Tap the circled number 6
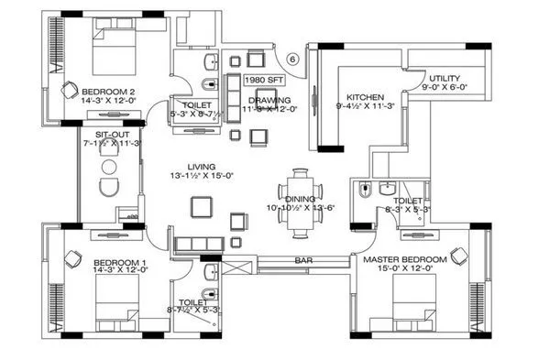pyautogui.click(x=292, y=60)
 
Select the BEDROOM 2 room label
pyautogui.click(x=108, y=92)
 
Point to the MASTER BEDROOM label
pyautogui.click(x=404, y=260)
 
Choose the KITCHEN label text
pyautogui.click(x=365, y=97)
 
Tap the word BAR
pyautogui.click(x=304, y=261)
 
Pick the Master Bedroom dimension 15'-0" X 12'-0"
pyautogui.click(x=404, y=270)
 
